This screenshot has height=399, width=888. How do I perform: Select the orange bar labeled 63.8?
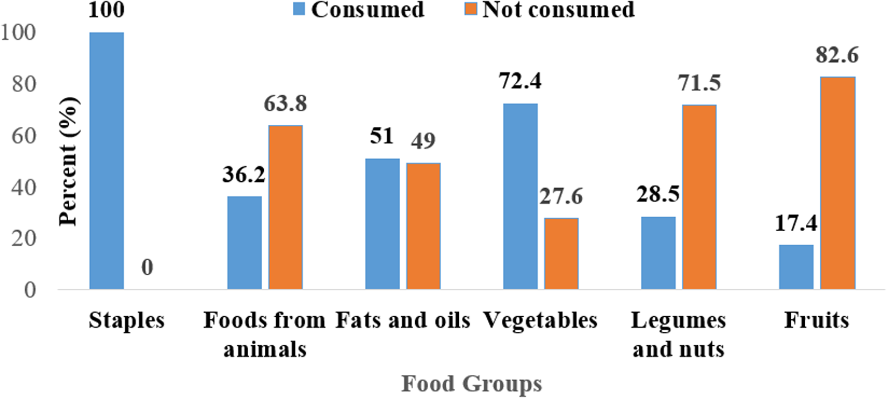tap(285, 207)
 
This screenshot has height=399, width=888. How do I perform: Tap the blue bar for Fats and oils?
tap(382, 224)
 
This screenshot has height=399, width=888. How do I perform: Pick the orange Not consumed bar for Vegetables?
tap(561, 253)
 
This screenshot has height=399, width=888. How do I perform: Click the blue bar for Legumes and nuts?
tap(658, 253)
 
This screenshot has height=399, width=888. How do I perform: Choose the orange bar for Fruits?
tap(838, 183)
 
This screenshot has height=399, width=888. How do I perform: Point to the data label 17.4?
tap(796, 223)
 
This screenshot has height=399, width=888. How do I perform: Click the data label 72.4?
tap(519, 81)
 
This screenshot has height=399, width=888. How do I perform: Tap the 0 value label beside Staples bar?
tap(147, 267)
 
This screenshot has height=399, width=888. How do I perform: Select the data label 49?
tap(423, 141)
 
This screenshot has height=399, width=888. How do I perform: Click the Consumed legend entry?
tap(359, 10)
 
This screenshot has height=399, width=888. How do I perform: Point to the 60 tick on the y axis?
tap(24, 136)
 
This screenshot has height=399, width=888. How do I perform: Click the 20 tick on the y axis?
tap(24, 238)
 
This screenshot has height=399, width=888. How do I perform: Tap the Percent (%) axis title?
tap(69, 161)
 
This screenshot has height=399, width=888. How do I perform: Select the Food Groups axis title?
tap(471, 384)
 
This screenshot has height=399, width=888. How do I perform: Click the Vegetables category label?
tap(540, 320)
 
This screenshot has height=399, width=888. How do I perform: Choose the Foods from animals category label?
tap(264, 334)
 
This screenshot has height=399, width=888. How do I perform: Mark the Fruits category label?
tap(816, 320)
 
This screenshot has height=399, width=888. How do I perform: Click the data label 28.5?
tap(658, 194)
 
